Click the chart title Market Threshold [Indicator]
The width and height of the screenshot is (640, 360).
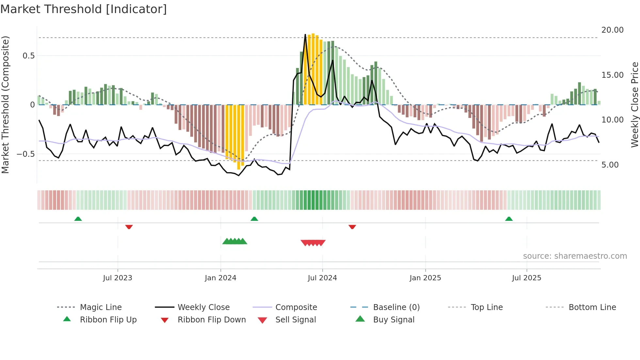click(84, 9)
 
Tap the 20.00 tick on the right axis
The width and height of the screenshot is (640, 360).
click(612, 30)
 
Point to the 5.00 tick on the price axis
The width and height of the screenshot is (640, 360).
click(610, 165)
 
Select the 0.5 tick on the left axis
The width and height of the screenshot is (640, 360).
click(28, 56)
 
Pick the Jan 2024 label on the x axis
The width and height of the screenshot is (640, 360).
click(220, 278)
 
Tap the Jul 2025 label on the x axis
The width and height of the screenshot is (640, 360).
click(526, 278)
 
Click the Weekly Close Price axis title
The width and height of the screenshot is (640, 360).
click(634, 105)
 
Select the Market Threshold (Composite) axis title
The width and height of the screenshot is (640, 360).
click(5, 105)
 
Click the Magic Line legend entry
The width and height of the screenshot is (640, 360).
click(101, 307)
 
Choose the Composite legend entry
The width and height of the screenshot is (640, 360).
click(296, 307)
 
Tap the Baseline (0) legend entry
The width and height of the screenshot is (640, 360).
click(396, 307)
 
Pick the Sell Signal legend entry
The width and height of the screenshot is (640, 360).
click(295, 320)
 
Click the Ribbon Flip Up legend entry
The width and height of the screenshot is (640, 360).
click(108, 320)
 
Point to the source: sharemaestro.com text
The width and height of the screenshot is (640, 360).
click(575, 256)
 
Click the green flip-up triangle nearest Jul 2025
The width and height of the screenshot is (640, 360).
click(509, 219)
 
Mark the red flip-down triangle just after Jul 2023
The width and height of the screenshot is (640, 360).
click(129, 227)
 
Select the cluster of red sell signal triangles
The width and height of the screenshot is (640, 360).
click(313, 243)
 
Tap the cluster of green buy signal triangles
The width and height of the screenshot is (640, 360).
click(234, 241)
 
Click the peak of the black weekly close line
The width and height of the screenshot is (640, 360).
click(305, 35)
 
